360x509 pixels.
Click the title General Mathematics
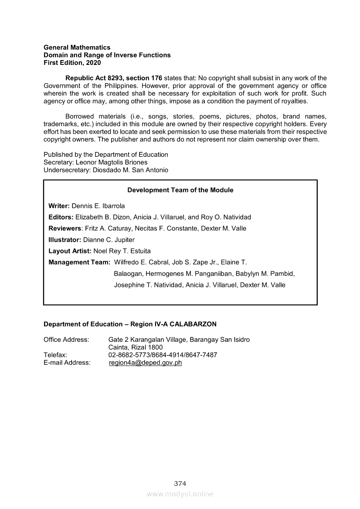coord(77,47)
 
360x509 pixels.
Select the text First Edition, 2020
coord(72,63)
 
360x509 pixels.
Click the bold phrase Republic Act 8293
coord(92,78)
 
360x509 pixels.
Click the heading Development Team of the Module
coord(180,190)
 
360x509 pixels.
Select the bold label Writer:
coord(59,206)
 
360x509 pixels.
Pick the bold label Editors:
coord(61,217)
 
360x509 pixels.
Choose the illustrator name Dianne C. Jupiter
coord(109,240)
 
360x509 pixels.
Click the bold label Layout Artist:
coord(70,251)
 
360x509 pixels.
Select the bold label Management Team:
coord(79,263)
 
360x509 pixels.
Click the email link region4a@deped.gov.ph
coord(145,363)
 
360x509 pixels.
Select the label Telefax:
coord(55,355)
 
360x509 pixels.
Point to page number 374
coord(180,483)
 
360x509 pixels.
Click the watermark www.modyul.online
coord(180,494)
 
